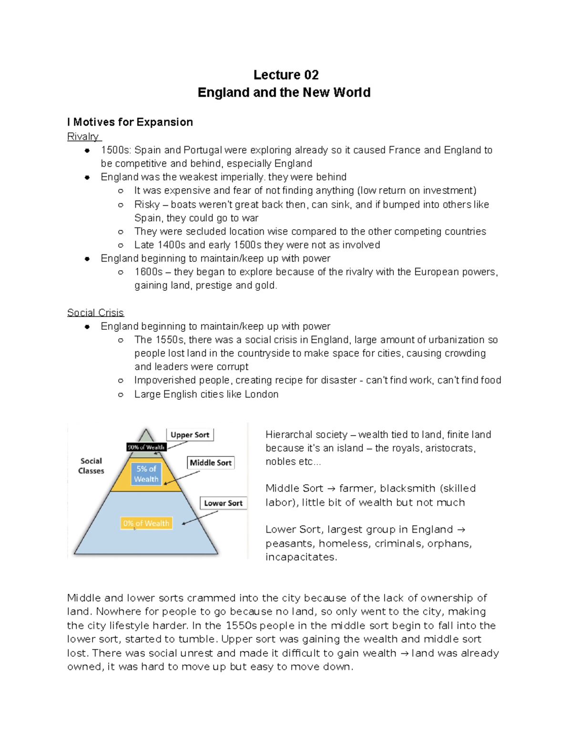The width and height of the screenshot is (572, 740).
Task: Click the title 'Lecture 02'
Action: [x=286, y=75]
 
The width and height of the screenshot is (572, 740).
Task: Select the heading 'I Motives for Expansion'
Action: [x=130, y=122]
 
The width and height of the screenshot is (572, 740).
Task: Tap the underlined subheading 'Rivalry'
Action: [x=83, y=137]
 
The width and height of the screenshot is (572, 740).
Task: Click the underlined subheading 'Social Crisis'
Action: [x=95, y=313]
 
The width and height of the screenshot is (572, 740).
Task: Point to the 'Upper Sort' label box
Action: [x=190, y=435]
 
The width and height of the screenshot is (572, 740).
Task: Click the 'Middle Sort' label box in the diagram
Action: [x=210, y=463]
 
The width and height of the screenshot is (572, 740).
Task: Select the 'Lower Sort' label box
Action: [x=223, y=503]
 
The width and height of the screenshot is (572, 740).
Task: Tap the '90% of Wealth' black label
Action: [x=146, y=447]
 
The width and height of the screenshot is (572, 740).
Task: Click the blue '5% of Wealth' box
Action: [x=146, y=474]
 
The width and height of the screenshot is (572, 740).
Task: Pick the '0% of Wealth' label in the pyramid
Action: [x=146, y=523]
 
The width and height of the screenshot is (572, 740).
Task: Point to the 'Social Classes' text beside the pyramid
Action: [x=91, y=466]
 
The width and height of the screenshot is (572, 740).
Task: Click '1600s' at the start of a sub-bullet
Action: [x=148, y=272]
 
